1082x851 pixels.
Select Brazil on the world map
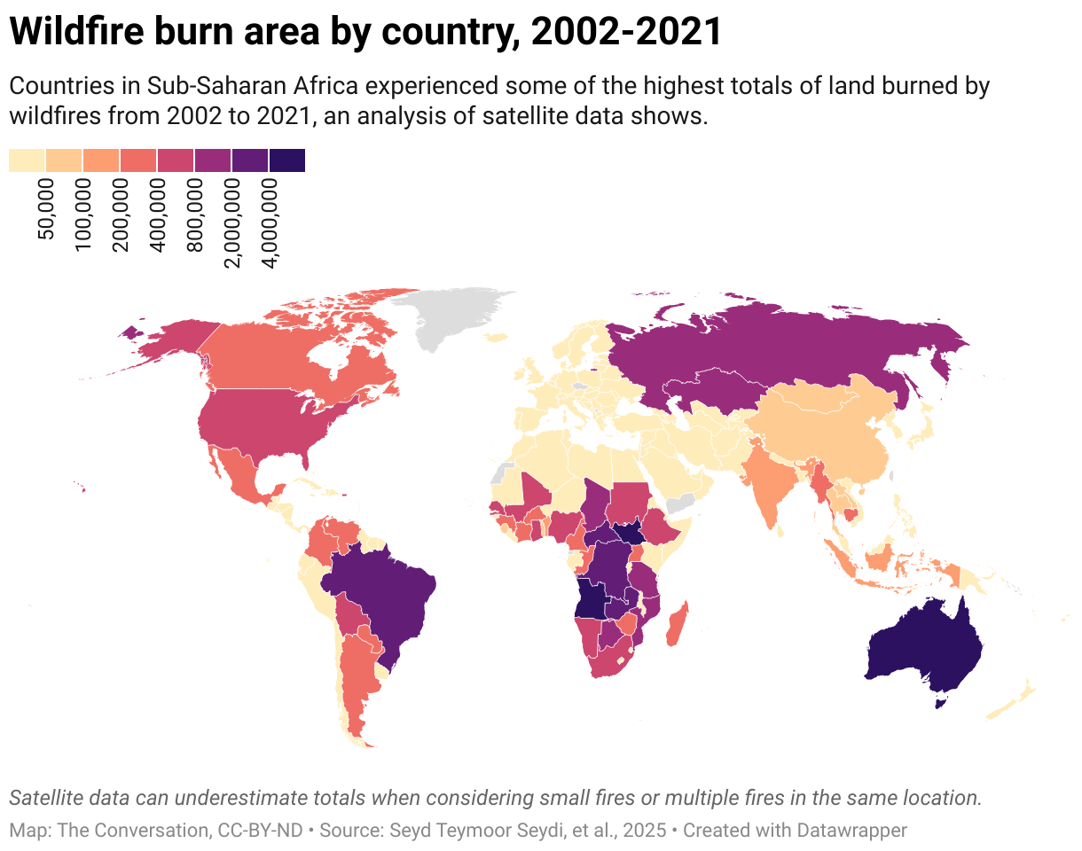pyautogui.click(x=381, y=594)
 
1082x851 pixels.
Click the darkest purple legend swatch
pyautogui.click(x=286, y=160)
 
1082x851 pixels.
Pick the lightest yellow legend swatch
pyautogui.click(x=27, y=160)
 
